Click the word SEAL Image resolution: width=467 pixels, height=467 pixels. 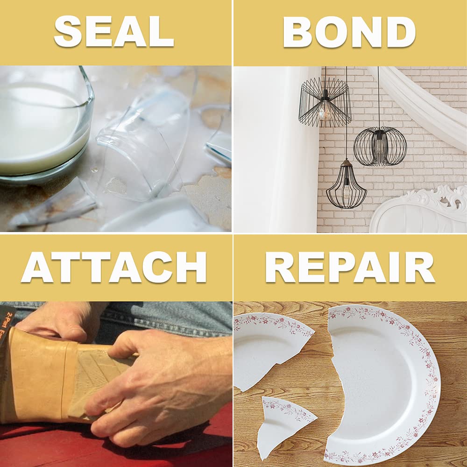(x=114, y=31)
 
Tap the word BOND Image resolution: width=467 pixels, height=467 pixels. (x=349, y=32)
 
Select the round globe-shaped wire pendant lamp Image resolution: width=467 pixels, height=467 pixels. (x=380, y=146)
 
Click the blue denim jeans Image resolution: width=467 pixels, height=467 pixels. (x=163, y=318)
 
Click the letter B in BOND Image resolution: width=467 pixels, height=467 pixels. (x=299, y=32)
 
